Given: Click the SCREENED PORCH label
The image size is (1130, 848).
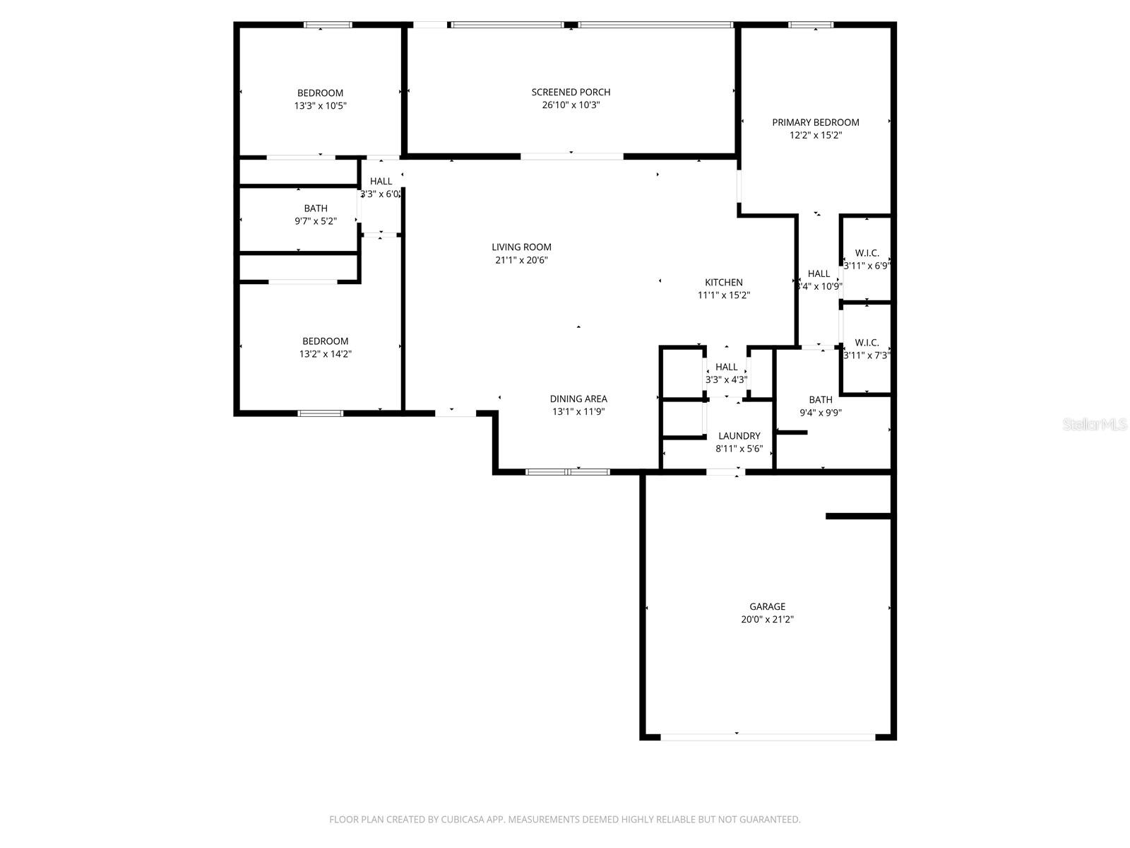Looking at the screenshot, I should tap(571, 92).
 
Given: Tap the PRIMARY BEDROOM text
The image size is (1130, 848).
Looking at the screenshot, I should tap(815, 122).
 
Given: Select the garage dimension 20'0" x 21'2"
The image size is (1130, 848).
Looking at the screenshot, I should tap(767, 620).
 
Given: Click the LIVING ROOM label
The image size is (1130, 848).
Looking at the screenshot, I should tap(521, 247).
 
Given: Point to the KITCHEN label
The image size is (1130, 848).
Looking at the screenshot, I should tap(723, 283).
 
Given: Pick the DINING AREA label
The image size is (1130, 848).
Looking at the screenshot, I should tap(578, 399).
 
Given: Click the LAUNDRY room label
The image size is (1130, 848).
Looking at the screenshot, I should tap(739, 436).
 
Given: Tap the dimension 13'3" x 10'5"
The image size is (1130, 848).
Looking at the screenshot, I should tap(320, 106).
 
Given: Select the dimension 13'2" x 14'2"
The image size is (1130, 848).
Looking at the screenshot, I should tap(325, 354).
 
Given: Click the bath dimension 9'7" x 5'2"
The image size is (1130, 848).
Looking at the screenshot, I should tap(316, 221).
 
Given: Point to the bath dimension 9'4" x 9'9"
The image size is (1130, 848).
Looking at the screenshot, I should tap(820, 413).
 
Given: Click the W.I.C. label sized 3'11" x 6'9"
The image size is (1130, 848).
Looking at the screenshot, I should tap(867, 253).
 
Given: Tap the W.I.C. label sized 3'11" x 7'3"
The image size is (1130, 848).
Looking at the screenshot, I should tap(867, 343).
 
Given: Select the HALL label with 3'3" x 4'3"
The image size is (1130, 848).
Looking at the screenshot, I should tap(726, 367).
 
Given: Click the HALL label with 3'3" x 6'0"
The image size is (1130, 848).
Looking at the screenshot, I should tap(381, 182).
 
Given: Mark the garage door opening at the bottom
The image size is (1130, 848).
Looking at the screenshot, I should tap(767, 737).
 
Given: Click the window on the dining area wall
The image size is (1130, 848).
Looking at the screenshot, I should tap(567, 471).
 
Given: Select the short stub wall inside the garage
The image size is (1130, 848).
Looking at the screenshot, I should tap(857, 517).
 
